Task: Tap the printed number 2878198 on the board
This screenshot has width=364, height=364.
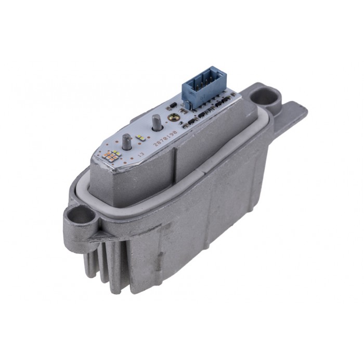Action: coord(165,136)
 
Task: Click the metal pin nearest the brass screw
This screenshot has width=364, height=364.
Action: coord(155,124)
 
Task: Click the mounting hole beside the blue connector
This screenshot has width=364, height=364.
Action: coord(265,97)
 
